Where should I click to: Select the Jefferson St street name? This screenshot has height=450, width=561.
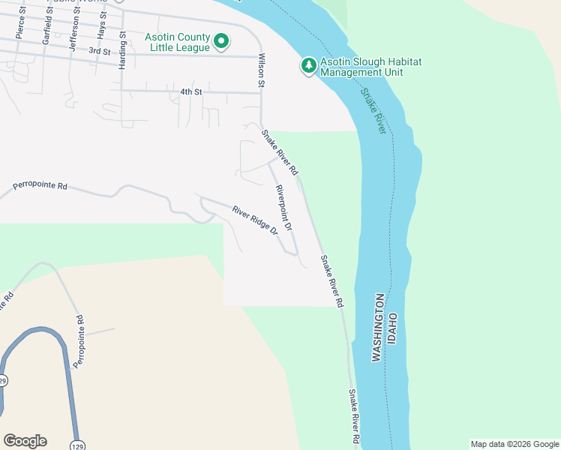(73, 28)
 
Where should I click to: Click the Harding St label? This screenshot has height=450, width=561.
(123, 49)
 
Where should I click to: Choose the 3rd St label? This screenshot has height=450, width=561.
(99, 51)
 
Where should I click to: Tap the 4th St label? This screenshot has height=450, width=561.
(191, 91)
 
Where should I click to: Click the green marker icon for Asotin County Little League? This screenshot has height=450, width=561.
(221, 42)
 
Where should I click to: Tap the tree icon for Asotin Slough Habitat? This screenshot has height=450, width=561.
(309, 66)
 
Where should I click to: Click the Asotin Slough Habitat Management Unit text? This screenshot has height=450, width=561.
(361, 67)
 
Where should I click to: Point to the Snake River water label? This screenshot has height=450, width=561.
(373, 112)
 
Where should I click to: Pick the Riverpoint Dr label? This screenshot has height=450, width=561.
(283, 207)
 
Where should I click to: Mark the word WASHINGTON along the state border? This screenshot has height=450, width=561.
(378, 328)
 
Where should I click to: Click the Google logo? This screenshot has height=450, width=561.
(25, 441)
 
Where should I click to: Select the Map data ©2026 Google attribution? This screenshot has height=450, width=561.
(514, 444)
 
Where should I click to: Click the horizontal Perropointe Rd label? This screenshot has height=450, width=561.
(40, 185)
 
